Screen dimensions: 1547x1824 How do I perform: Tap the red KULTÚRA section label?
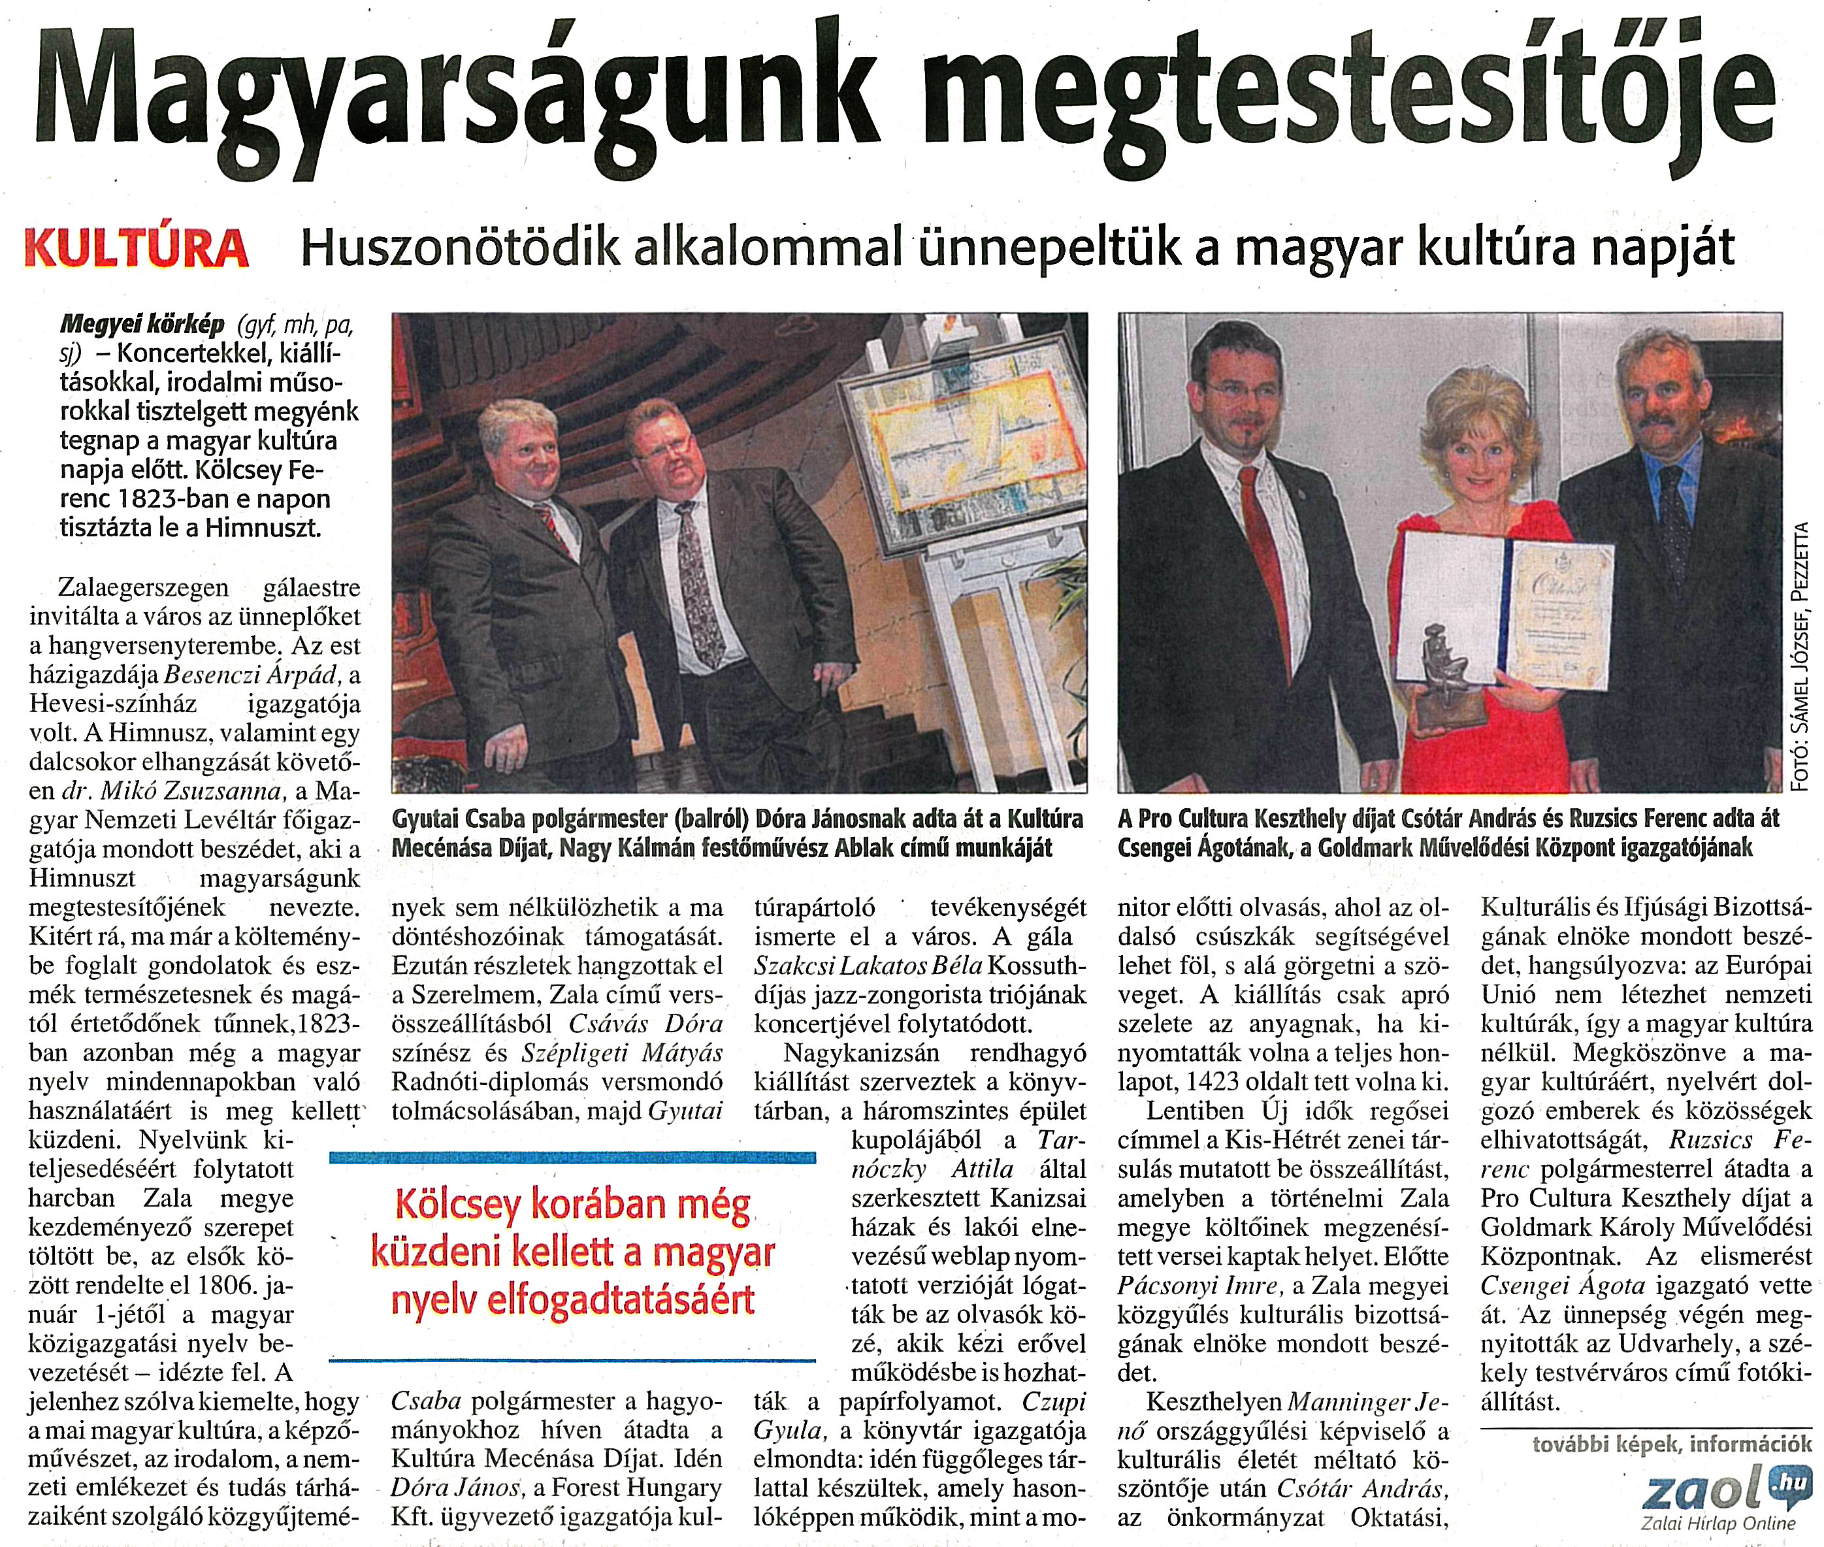[137, 249]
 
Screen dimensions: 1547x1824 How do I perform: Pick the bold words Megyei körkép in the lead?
[142, 325]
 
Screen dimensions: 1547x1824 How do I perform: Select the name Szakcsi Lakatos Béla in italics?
[868, 966]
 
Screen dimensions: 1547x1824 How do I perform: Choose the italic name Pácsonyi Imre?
[1198, 1286]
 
